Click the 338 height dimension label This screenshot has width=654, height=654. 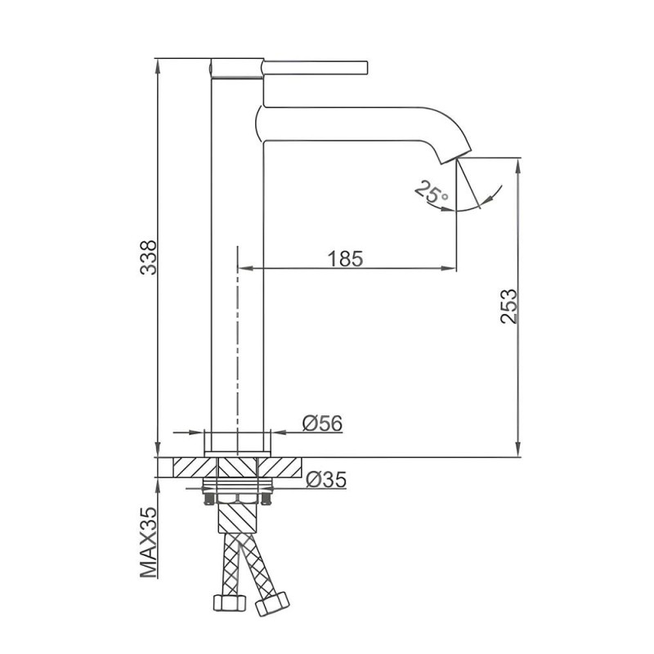149,257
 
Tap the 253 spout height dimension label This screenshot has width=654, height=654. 508,306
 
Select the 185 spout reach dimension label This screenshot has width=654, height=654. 345,258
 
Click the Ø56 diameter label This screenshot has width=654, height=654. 322,423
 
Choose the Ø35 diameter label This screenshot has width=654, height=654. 326,480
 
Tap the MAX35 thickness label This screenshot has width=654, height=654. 149,542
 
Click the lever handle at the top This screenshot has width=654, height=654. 316,68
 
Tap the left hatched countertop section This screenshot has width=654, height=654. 195,467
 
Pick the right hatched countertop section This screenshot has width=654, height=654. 279,467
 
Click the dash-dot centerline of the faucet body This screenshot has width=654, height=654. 237,351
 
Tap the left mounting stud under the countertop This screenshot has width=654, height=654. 208,499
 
